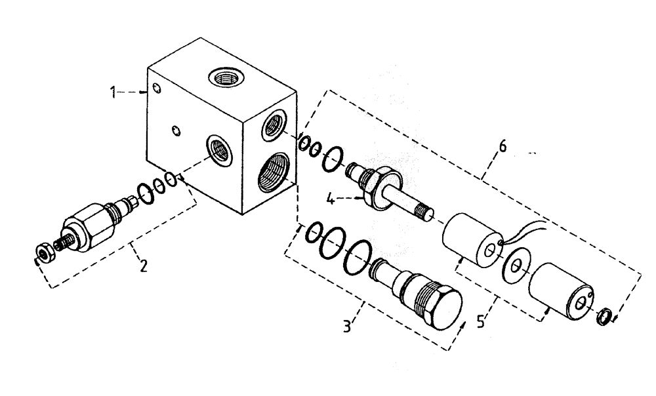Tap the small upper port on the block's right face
point(274,125)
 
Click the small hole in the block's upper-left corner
point(154,89)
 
